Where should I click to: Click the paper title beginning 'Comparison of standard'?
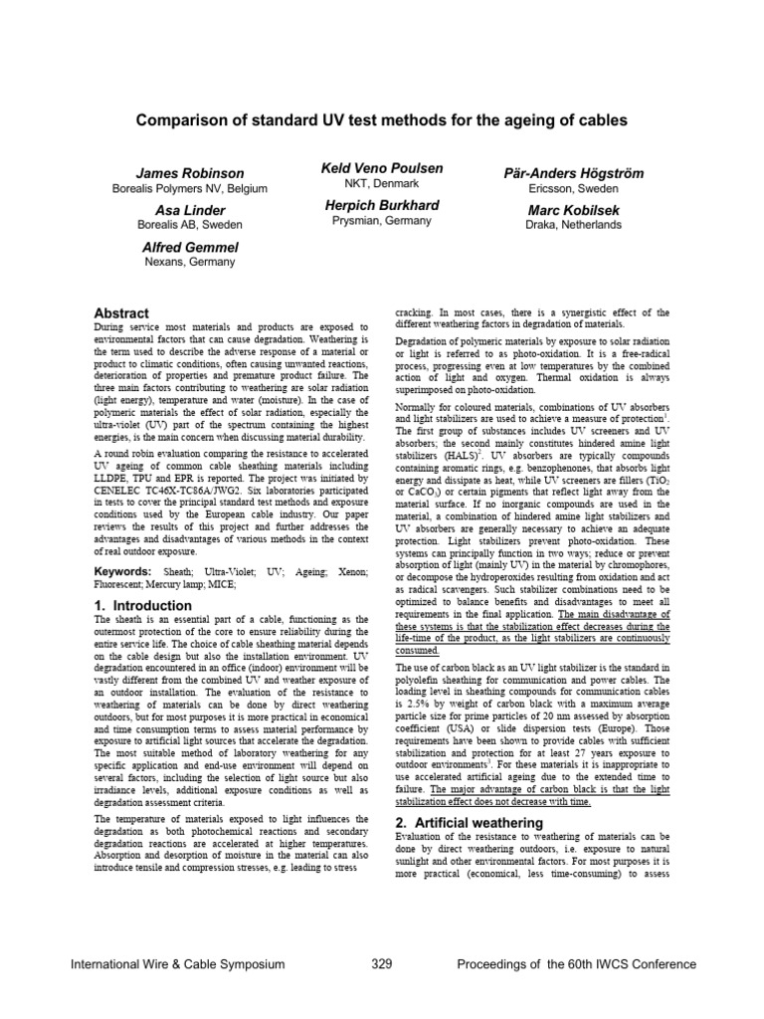[382, 120]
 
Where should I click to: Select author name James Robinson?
[189, 174]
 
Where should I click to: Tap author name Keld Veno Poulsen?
[382, 169]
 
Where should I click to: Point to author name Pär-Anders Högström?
[573, 174]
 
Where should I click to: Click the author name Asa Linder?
[189, 211]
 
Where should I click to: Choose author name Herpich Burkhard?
[382, 205]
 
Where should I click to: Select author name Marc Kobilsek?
[573, 210]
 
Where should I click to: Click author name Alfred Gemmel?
[189, 247]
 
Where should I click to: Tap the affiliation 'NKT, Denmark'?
[382, 184]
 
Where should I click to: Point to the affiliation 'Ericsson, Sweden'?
[573, 189]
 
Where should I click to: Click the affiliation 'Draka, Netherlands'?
[573, 225]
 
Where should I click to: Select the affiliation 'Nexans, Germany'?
[189, 262]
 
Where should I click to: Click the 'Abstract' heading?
[121, 312]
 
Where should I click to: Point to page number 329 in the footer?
[382, 964]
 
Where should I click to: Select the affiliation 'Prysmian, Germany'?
[382, 220]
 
